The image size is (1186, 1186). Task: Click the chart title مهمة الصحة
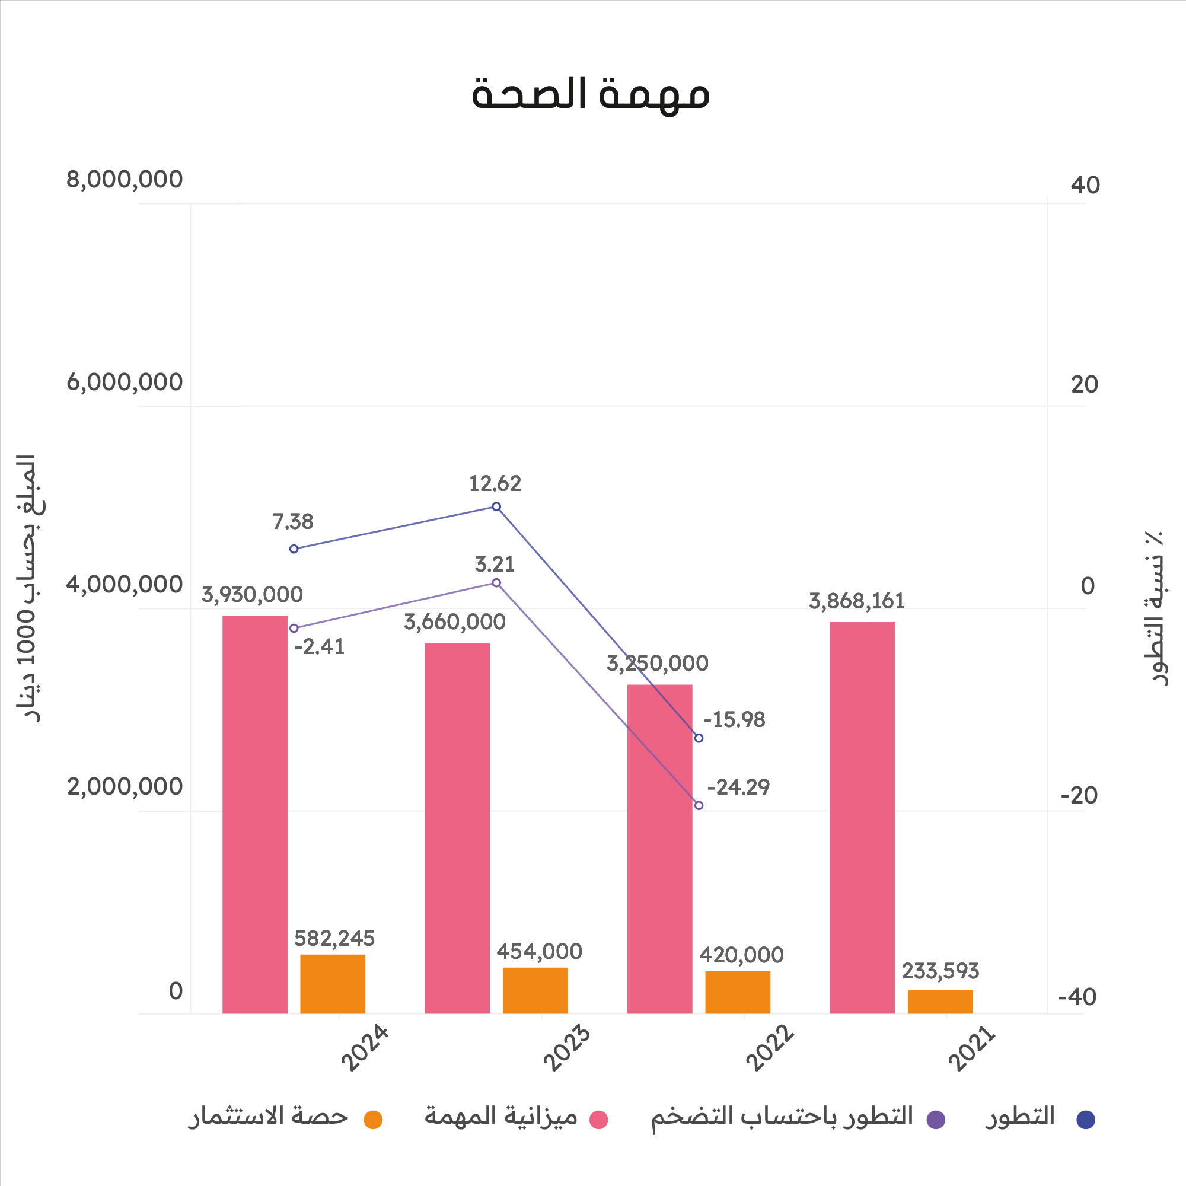pos(590,94)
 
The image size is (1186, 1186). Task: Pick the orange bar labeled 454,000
pos(535,990)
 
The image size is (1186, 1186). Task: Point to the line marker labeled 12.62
pos(496,506)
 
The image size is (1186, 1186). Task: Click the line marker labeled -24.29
pos(699,805)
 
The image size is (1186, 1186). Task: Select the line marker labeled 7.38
pos(294,549)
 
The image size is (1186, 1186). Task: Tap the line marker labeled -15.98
pos(699,738)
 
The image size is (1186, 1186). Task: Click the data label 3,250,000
pos(658,664)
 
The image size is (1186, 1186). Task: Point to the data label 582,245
pos(334,938)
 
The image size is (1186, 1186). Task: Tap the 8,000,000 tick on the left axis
pos(125,180)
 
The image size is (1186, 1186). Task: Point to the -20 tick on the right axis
pos(1079,796)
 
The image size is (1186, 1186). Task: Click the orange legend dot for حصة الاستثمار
pos(372,1120)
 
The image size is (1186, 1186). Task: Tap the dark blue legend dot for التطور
pos(1086,1120)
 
